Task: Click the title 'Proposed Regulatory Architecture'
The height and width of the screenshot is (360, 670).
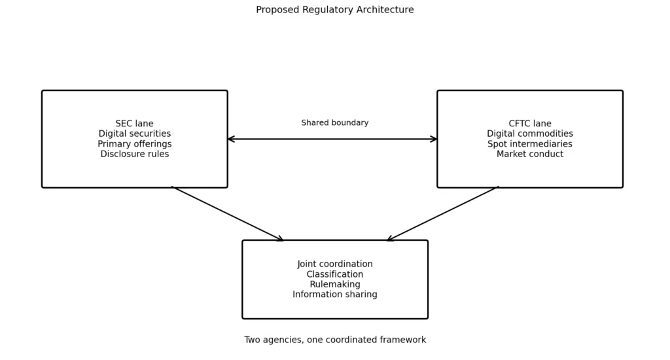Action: (x=334, y=10)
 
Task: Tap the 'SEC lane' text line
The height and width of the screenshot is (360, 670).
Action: (x=134, y=124)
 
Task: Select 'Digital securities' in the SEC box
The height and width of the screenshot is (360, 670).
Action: (x=135, y=134)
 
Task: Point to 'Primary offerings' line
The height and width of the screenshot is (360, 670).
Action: (x=135, y=144)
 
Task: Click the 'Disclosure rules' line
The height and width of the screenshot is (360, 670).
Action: (x=135, y=154)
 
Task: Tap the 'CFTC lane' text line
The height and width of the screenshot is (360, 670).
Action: (x=530, y=124)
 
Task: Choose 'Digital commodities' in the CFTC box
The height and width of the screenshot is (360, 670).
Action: (x=530, y=134)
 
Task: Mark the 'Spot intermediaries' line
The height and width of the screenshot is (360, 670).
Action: (x=530, y=144)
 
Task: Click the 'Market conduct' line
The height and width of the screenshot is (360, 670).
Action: (x=530, y=154)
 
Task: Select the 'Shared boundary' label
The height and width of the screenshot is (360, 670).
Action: (x=334, y=122)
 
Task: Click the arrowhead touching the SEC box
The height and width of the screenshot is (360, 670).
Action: (x=231, y=139)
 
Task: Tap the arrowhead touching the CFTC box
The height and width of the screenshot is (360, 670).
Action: (x=433, y=139)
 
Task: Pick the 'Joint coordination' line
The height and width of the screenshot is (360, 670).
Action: (x=335, y=264)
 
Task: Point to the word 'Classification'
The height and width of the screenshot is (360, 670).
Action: (x=335, y=274)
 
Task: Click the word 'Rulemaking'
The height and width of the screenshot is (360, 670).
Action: (x=335, y=284)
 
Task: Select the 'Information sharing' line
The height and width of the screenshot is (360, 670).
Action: (x=335, y=294)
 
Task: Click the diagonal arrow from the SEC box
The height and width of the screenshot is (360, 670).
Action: (x=227, y=214)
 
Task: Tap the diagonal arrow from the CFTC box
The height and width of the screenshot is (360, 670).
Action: (x=443, y=214)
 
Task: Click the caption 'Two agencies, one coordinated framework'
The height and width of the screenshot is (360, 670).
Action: (x=335, y=340)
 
